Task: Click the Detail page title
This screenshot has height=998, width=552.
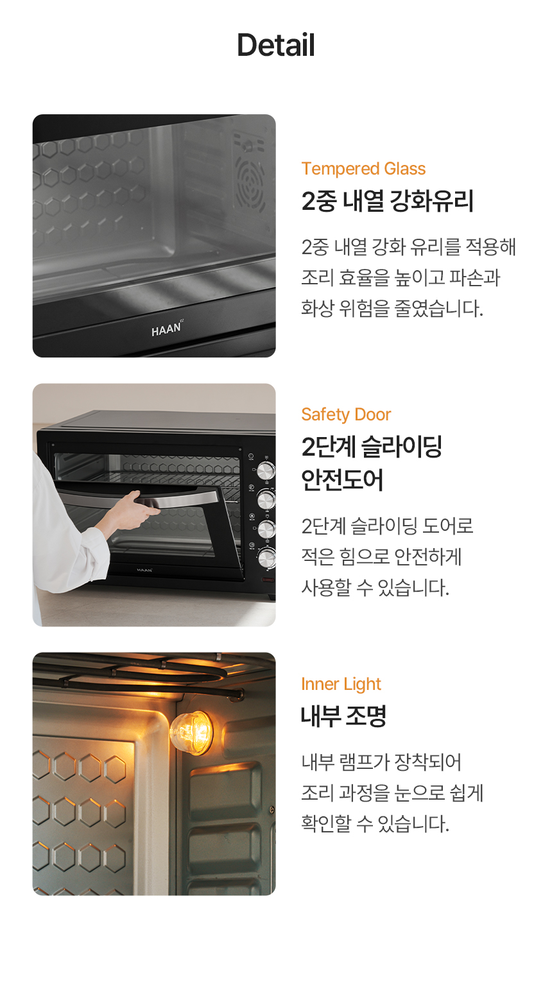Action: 276,45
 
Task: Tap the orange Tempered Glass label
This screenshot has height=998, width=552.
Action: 363,169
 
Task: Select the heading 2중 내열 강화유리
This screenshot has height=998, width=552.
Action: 387,201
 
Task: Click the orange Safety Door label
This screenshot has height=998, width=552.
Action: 346,415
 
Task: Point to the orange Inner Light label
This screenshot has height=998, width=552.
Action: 341,684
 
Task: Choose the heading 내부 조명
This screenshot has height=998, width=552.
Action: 343,716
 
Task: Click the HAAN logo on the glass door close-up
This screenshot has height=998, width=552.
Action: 167,329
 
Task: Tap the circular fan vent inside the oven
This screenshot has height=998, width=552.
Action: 250,184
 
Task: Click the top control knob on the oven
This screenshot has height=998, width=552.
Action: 266,470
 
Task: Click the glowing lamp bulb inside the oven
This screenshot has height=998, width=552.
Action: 191,732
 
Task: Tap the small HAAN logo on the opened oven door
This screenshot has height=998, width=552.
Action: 144,570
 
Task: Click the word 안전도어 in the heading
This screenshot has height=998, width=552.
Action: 342,480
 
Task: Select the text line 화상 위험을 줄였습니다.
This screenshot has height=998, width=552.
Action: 392,308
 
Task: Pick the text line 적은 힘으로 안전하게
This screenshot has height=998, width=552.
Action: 381,557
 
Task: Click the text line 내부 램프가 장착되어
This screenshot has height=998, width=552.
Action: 381,762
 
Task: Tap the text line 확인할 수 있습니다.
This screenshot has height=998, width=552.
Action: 375,823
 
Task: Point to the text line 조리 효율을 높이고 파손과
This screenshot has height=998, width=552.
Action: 401,277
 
